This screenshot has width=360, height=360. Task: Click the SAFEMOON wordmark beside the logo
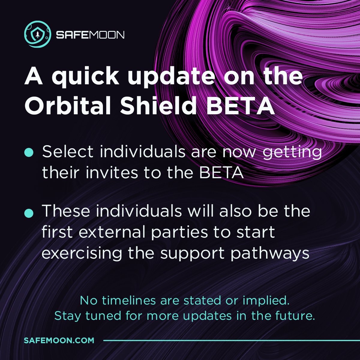[90, 35]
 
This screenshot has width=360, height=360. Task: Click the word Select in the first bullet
[68, 152]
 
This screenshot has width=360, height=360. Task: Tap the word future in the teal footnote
[295, 316]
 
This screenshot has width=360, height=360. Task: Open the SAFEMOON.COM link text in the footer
[59, 340]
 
